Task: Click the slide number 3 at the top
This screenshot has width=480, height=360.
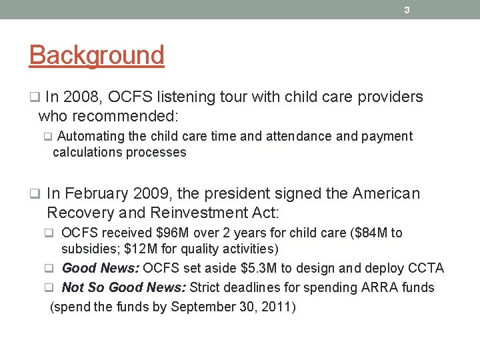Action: (407, 9)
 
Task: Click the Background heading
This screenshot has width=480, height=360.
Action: (97, 55)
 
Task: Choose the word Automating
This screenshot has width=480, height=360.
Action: (88, 137)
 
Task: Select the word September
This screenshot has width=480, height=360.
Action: (201, 307)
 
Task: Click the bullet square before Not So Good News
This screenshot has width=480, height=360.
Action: (49, 288)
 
